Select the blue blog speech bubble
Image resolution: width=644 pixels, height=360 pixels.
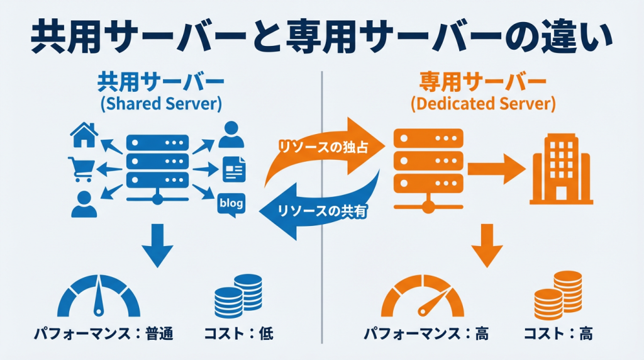tap(231, 204)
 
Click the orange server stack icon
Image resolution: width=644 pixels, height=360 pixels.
tap(428, 166)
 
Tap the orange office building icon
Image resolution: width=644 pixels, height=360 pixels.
tap(562, 170)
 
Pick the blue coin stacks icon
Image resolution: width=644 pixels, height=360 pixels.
tap(238, 295)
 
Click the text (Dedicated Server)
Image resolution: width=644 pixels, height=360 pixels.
tap(482, 104)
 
